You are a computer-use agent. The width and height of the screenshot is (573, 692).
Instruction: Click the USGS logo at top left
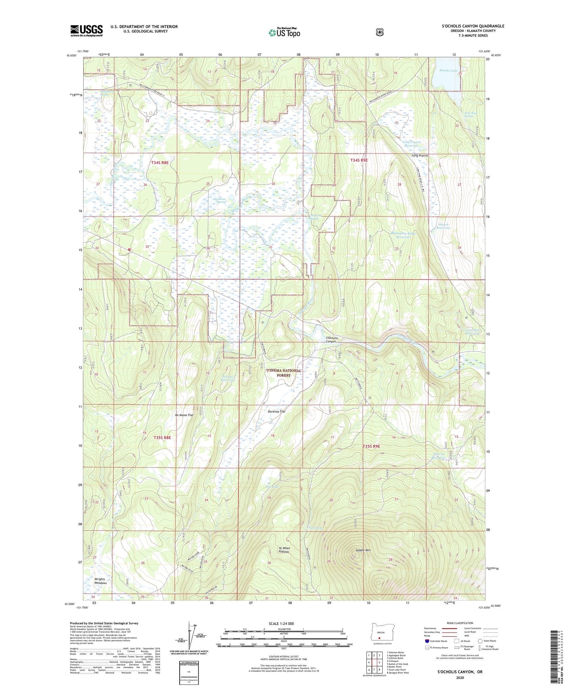click(86, 31)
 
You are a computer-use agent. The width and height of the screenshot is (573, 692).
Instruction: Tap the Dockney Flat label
click(276, 412)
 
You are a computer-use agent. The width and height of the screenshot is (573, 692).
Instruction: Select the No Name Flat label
click(184, 415)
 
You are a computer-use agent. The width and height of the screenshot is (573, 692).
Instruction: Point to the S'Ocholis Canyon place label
click(331, 339)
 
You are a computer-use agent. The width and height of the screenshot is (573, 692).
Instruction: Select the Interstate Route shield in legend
click(427, 640)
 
